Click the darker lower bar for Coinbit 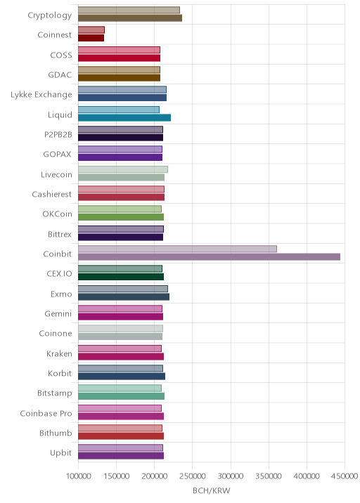(209, 257)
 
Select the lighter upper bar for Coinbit (177, 249)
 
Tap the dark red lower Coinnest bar (91, 38)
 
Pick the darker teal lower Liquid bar (124, 118)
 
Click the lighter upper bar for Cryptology (129, 10)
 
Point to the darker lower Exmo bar (124, 296)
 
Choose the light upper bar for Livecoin (122, 169)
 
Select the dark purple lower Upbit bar (121, 456)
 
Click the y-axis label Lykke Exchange (41, 95)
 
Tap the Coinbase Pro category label (46, 413)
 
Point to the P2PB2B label (58, 134)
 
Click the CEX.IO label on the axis (59, 274)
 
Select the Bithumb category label (56, 433)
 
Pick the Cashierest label (52, 194)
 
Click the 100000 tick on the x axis (78, 476)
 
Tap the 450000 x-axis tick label (345, 476)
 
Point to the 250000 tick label (193, 476)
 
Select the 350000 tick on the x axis (269, 476)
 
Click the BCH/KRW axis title (212, 490)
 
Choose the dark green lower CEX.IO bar (121, 277)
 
